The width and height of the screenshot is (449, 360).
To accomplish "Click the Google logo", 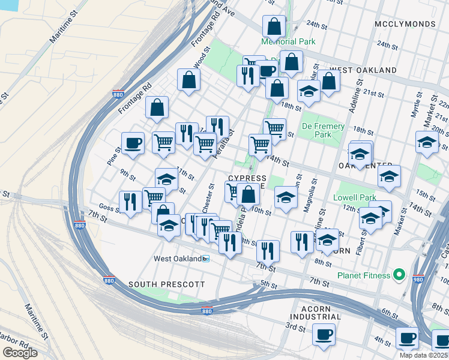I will coord(20,353).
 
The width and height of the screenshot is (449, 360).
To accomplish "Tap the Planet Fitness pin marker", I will coord(399,275).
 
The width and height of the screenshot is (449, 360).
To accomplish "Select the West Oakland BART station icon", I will coord(206,259).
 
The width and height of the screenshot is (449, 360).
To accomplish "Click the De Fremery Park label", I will coord(323,130).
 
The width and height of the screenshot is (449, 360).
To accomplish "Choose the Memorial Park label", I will coord(288,41).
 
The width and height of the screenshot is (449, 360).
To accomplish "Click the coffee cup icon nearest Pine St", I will coord(133,143).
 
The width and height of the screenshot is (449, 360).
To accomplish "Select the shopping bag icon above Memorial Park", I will coord(274,26).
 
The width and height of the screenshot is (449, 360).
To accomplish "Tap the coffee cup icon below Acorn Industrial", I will coord(324,334).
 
